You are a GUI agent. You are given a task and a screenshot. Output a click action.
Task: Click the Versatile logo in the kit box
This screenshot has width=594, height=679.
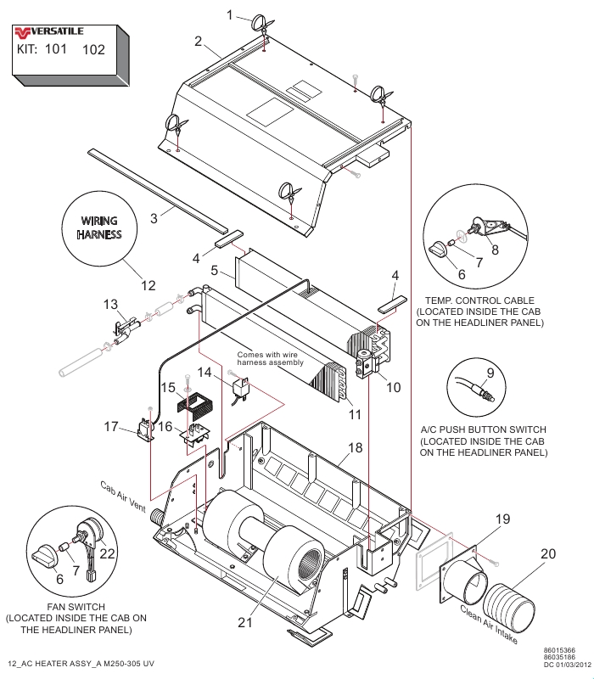[x=49, y=32]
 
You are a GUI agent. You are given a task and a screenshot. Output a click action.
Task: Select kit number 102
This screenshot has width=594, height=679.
[x=93, y=50]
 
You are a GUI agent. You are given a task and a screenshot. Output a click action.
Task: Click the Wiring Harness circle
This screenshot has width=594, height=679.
[x=99, y=227]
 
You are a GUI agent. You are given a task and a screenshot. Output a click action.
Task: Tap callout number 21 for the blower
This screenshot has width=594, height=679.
[x=244, y=622]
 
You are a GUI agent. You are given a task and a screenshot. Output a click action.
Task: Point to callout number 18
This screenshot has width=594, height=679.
[x=355, y=447]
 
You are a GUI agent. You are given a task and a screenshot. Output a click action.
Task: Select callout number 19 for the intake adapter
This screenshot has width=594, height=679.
[x=502, y=519]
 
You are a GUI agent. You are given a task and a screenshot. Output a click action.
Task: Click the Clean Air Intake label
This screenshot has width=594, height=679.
[x=489, y=624]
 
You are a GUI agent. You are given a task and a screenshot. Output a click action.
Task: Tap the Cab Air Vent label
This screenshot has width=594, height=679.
[x=123, y=497]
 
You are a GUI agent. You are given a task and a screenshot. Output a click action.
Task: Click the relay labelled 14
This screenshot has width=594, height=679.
[x=240, y=388]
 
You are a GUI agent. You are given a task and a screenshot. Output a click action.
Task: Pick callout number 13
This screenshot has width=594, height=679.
[x=110, y=304]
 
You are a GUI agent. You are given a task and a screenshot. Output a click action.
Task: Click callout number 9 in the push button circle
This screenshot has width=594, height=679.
[x=490, y=373]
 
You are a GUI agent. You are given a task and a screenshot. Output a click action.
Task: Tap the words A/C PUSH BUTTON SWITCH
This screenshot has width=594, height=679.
[x=483, y=429]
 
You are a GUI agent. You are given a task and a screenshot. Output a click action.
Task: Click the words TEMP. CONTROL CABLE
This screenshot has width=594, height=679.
[x=479, y=300]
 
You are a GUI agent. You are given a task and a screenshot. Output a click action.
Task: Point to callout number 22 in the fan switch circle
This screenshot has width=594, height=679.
[x=108, y=553]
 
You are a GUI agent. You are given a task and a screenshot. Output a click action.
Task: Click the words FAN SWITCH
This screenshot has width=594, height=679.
[x=76, y=607]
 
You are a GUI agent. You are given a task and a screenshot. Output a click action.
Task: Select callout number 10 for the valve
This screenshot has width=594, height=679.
[x=393, y=387]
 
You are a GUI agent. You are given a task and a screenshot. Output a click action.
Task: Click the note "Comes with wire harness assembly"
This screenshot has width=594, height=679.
[x=270, y=358]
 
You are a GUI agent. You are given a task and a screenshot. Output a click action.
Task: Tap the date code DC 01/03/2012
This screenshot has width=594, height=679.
[x=567, y=665]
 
